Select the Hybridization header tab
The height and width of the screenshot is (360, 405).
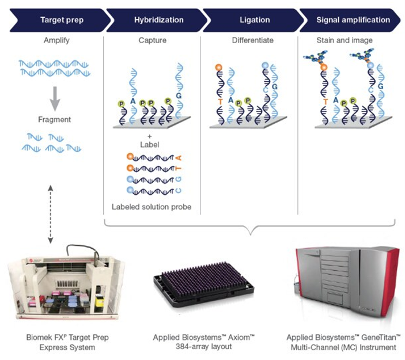tap(158, 20)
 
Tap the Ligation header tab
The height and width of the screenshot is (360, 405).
tap(254, 20)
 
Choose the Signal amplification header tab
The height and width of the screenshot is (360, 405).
tap(353, 20)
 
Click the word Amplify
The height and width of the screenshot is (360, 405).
tap(56, 41)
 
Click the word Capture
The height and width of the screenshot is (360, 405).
tap(153, 41)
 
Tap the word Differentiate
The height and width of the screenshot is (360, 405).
tap(252, 41)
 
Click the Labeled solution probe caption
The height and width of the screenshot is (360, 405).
tap(153, 206)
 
